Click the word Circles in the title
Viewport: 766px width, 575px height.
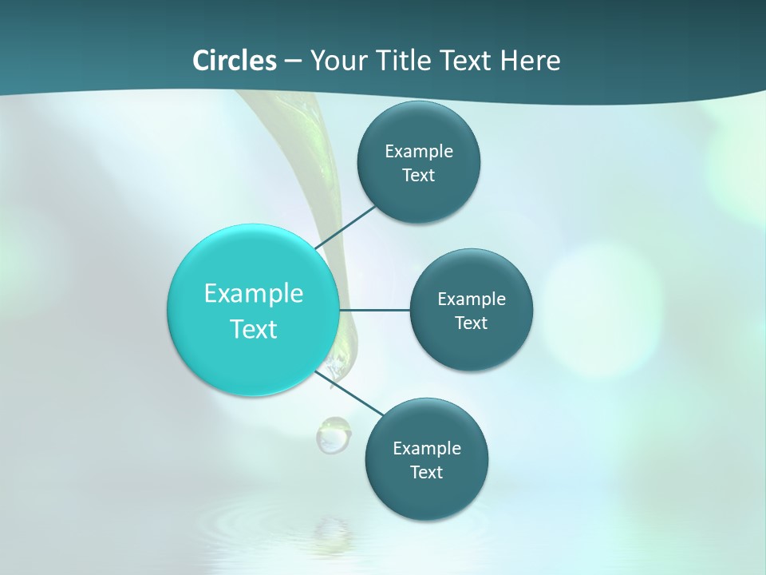click(x=235, y=61)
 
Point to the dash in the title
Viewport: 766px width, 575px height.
click(x=293, y=61)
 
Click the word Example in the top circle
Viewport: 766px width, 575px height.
click(x=418, y=151)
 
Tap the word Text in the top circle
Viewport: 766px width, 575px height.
click(x=418, y=175)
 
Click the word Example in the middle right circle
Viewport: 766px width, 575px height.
click(x=471, y=299)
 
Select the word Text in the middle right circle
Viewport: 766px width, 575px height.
click(x=471, y=323)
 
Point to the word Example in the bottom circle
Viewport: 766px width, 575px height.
click(x=426, y=448)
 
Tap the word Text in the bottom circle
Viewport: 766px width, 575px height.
click(x=426, y=472)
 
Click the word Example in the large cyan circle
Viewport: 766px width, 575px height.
click(x=254, y=293)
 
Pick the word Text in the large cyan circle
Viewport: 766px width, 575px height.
click(x=254, y=328)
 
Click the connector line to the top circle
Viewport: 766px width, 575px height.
click(x=347, y=227)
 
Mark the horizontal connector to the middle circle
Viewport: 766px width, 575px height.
click(x=375, y=310)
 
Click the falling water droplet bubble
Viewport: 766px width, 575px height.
click(x=332, y=434)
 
